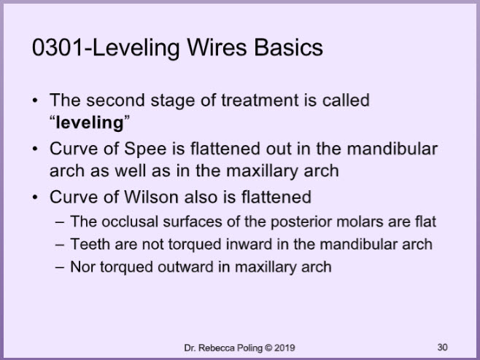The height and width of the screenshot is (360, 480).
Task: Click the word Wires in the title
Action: tap(217, 47)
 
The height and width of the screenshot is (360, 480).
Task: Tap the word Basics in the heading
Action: tap(288, 47)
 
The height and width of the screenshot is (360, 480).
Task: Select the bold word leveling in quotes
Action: tap(90, 123)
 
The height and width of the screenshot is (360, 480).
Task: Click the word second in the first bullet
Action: tap(115, 101)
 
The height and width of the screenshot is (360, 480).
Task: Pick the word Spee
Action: tap(145, 149)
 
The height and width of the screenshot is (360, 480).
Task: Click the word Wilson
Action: tap(151, 197)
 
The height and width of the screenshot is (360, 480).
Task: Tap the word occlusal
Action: tap(130, 222)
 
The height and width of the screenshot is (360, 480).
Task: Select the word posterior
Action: tap(301, 222)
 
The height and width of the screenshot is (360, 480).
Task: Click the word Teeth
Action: tap(90, 244)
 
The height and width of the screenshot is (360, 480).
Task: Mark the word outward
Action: tap(185, 267)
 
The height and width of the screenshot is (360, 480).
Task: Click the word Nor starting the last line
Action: tap(82, 267)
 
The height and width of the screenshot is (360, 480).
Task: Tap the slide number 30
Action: tap(442, 348)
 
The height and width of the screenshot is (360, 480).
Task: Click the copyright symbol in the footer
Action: tap(268, 348)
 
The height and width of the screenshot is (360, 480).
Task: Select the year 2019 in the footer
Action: tap(284, 348)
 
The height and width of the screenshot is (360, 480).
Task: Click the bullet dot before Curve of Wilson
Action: tap(35, 197)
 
